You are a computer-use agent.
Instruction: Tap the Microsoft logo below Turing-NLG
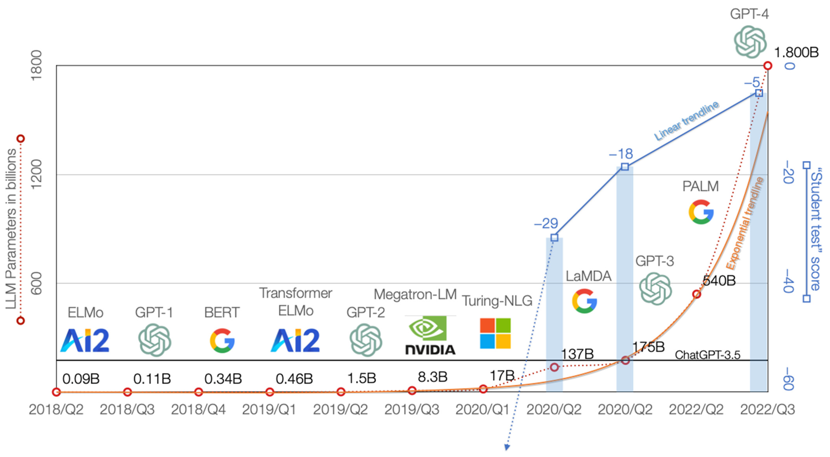click(495, 333)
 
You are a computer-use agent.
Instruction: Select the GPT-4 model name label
click(749, 14)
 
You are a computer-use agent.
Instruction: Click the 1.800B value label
click(796, 52)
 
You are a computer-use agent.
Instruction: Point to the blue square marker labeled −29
click(554, 238)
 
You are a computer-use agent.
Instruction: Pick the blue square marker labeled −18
click(625, 167)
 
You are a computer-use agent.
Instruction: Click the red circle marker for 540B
click(697, 294)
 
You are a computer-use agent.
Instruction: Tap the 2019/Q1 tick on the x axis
click(269, 410)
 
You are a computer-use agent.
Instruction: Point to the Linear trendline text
click(686, 121)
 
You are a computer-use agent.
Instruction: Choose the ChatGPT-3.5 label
click(708, 355)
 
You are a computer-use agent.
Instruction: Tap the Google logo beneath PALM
click(701, 211)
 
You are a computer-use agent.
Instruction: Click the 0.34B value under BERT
click(223, 379)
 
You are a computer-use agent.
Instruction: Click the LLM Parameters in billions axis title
click(11, 229)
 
